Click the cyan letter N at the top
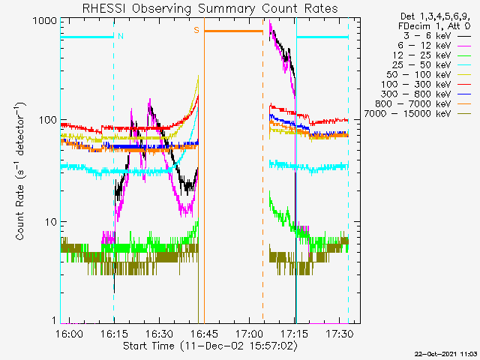(x=121, y=36)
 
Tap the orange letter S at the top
(x=196, y=30)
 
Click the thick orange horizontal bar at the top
(x=233, y=31)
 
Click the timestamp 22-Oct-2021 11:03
(x=445, y=352)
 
